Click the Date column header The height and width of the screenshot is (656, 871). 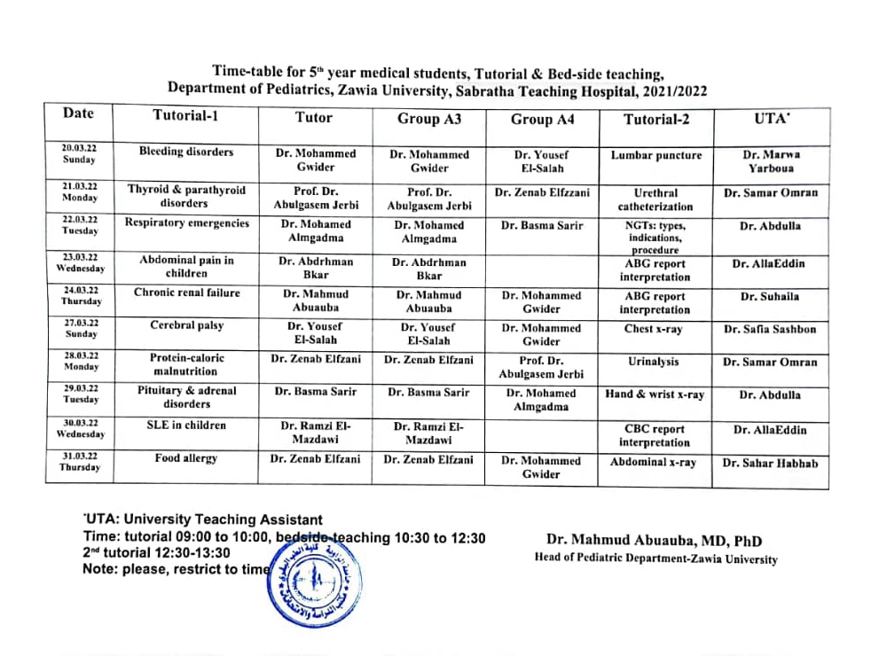tap(78, 113)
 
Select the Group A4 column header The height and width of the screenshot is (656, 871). tap(543, 119)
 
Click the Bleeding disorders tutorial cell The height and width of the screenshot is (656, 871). tap(186, 152)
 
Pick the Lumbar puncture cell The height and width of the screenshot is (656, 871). tap(655, 155)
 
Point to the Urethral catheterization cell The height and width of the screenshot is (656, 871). tap(655, 199)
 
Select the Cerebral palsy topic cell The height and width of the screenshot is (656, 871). tap(186, 325)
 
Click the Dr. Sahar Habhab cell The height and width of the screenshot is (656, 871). tap(770, 463)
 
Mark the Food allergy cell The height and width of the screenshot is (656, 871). tap(186, 458)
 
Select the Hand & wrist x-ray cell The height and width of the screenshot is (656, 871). tap(655, 394)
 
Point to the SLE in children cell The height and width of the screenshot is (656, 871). tap(186, 426)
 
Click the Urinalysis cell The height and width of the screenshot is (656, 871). tap(655, 362)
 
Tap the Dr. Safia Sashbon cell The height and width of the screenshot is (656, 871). tap(770, 330)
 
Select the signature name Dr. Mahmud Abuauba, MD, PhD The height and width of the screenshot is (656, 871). tap(654, 541)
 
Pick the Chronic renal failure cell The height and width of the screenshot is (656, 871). tap(186, 293)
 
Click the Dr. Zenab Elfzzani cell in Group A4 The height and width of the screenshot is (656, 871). tap(543, 192)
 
